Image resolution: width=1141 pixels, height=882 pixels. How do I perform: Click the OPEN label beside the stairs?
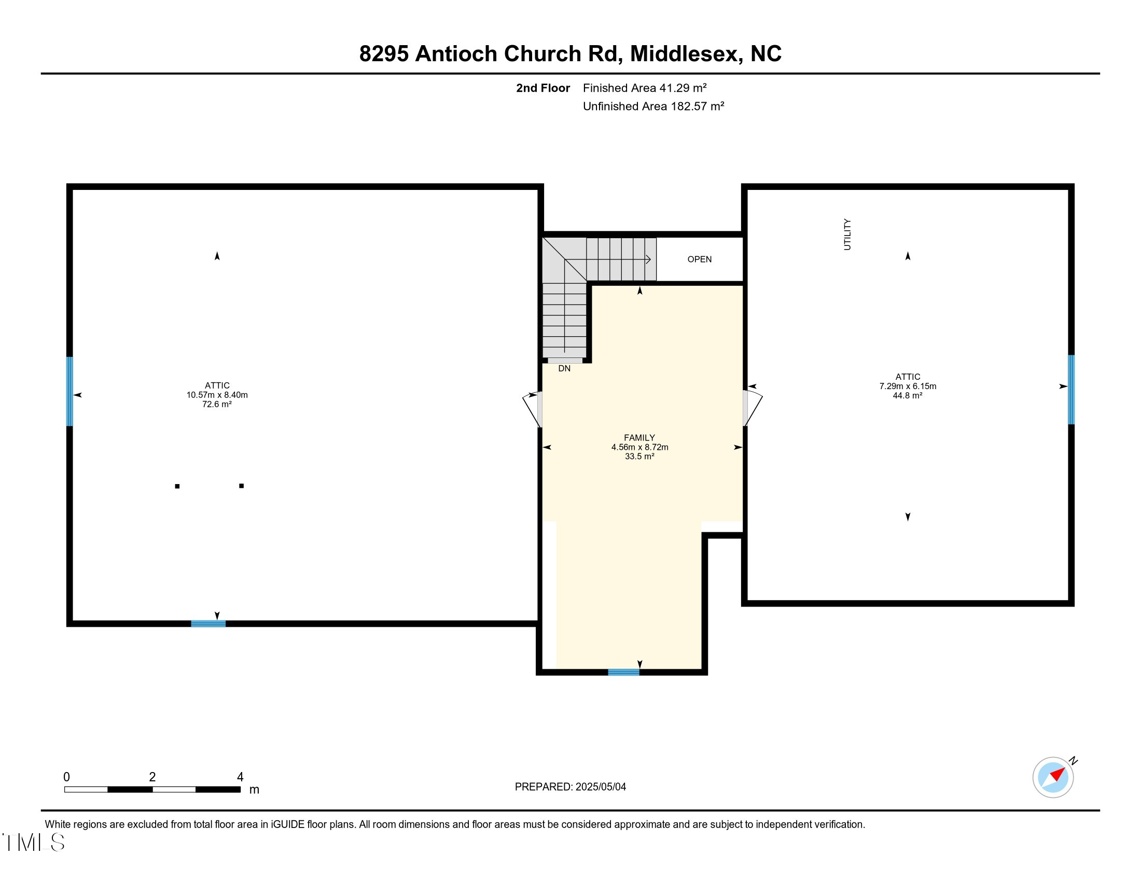tap(699, 259)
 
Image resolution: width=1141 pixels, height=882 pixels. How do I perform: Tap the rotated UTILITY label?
tap(847, 235)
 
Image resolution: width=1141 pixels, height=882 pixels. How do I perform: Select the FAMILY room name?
tap(639, 438)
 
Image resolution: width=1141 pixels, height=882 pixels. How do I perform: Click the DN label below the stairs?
tap(564, 368)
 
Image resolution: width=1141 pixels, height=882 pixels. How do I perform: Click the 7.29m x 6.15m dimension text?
tap(908, 387)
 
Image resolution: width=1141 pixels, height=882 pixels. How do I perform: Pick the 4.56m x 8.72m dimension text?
tap(639, 447)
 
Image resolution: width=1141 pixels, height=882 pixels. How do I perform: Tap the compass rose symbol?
tap(1053, 777)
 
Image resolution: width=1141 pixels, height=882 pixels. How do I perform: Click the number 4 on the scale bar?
tap(240, 777)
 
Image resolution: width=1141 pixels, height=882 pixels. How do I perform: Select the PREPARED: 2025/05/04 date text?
tap(570, 787)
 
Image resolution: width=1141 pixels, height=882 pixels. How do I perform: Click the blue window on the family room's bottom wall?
tap(623, 672)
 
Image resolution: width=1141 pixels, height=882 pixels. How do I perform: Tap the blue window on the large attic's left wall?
tap(69, 391)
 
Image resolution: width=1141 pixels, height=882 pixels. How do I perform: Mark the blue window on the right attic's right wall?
tap(1071, 389)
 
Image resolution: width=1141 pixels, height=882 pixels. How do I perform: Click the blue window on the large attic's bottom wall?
tap(208, 624)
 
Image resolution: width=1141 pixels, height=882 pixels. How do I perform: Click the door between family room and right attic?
tap(753, 408)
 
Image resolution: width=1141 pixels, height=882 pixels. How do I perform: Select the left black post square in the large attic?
tap(177, 487)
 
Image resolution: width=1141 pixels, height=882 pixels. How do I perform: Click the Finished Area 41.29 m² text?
tap(645, 88)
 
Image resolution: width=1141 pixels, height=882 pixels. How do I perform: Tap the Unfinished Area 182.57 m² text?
tap(653, 106)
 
